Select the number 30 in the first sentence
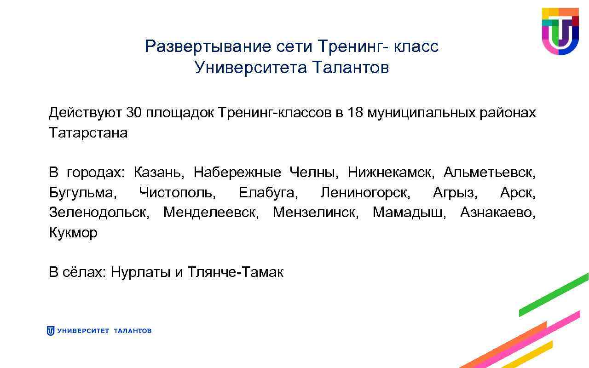(133, 113)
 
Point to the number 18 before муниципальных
(356, 113)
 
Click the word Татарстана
(88, 133)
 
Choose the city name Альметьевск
(489, 173)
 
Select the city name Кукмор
(73, 233)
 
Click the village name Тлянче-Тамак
(236, 272)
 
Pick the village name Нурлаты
(140, 272)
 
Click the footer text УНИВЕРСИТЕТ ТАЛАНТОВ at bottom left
(104, 331)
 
